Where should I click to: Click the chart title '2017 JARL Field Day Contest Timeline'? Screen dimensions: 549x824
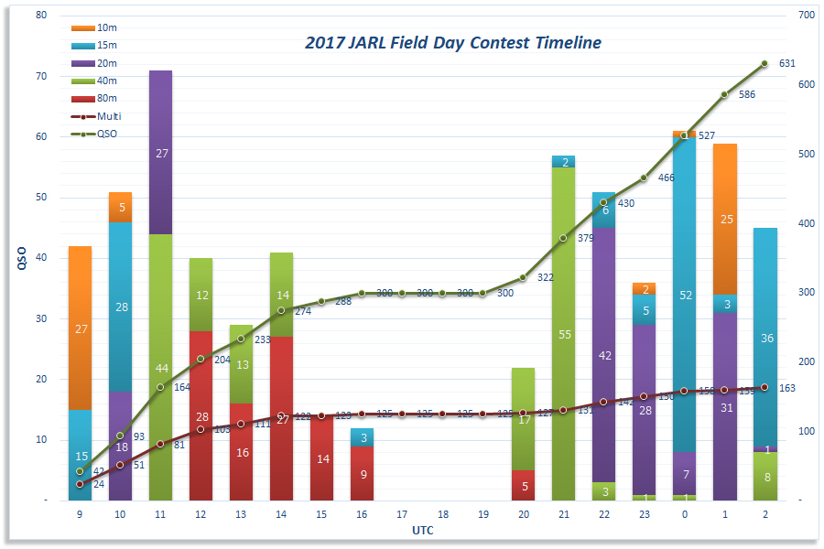[x=453, y=43]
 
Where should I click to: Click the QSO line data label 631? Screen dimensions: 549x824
[x=787, y=64]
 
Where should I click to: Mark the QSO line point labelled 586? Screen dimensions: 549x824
[x=724, y=94]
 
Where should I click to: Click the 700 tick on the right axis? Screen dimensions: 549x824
[x=806, y=16]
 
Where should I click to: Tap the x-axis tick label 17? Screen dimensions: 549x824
[x=402, y=514]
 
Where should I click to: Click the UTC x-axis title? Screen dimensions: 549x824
[x=422, y=529]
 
